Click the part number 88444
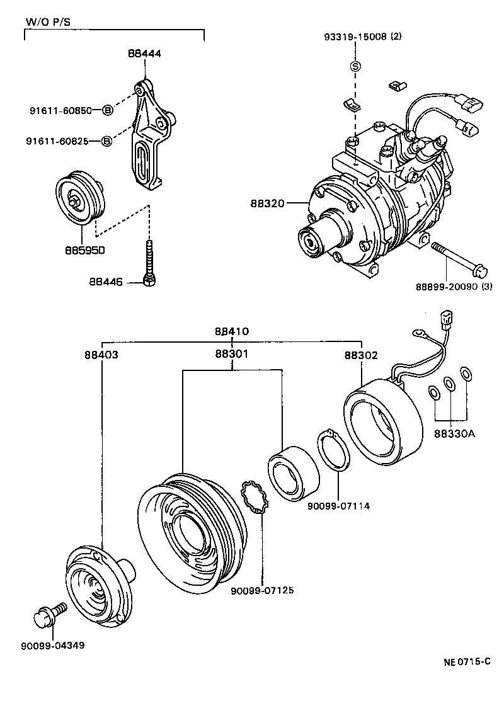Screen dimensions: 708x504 (144, 54)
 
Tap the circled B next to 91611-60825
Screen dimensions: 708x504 (107, 140)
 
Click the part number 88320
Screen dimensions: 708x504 (268, 203)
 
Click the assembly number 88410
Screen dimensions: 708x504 (231, 331)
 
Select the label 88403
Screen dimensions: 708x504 (101, 355)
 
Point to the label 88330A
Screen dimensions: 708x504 (454, 433)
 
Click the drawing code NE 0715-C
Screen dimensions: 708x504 (467, 662)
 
